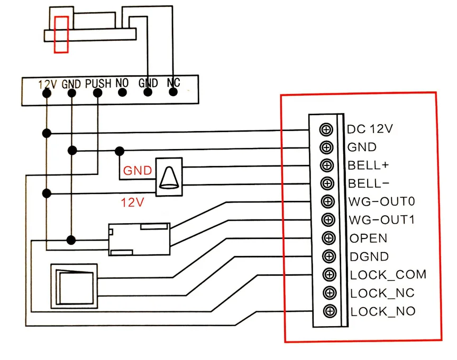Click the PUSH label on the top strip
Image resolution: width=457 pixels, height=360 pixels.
tap(98, 83)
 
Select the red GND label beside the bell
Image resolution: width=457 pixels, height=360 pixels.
tap(138, 171)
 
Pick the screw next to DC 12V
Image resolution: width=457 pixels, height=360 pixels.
tap(326, 129)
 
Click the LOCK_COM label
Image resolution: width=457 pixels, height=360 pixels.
tap(388, 275)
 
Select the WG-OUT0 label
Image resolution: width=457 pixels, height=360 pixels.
tap(382, 202)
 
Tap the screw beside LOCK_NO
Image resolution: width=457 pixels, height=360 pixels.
tap(330, 311)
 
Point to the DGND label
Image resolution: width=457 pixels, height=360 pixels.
tap(369, 257)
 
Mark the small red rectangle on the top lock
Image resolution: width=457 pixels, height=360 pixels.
tap(61, 34)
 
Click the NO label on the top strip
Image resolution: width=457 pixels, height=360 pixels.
tap(122, 83)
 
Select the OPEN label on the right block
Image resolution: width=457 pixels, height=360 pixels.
tap(368, 238)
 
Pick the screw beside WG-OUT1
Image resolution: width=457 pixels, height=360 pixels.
tap(328, 220)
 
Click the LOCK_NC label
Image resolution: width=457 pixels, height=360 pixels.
tap(382, 293)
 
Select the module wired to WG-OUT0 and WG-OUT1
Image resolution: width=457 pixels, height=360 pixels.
tap(139, 239)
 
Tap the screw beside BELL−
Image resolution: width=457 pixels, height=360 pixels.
tap(327, 184)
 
